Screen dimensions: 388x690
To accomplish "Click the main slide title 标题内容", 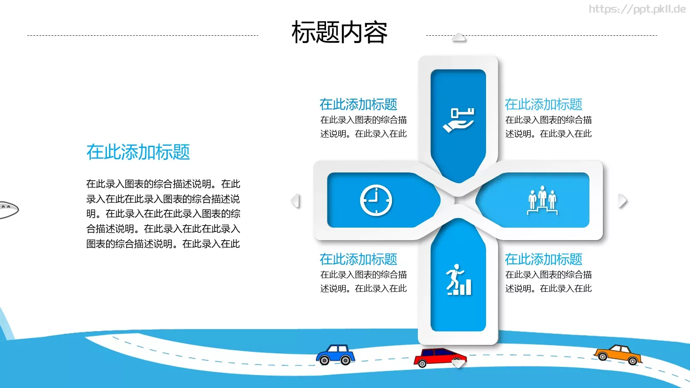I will tap(339, 32).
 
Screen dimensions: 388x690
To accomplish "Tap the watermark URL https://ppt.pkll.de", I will tap(637, 9).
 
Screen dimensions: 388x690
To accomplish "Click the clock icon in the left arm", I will tap(376, 200).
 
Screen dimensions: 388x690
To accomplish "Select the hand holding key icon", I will tap(458, 120).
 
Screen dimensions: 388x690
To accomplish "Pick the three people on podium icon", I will tap(543, 200).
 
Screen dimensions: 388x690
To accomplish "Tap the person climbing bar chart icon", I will tap(458, 280).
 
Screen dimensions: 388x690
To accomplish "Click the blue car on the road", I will tap(336, 354).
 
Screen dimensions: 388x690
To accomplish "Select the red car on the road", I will tap(439, 357).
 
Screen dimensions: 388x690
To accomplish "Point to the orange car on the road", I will tap(618, 354).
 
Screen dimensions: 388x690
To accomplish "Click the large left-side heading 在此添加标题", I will tap(138, 152).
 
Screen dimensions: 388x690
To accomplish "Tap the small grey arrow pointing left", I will tap(295, 201).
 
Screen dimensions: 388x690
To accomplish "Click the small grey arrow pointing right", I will tap(622, 201).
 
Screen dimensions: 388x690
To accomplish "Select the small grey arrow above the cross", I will tap(459, 38).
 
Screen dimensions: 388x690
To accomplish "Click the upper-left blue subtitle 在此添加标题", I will tap(358, 104).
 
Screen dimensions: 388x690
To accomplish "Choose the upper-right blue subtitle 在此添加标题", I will tap(543, 104).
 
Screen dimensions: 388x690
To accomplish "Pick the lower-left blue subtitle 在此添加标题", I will tap(358, 259).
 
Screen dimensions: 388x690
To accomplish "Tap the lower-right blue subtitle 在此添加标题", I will tap(543, 259).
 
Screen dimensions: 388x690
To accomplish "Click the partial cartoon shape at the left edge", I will tap(8, 210).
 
